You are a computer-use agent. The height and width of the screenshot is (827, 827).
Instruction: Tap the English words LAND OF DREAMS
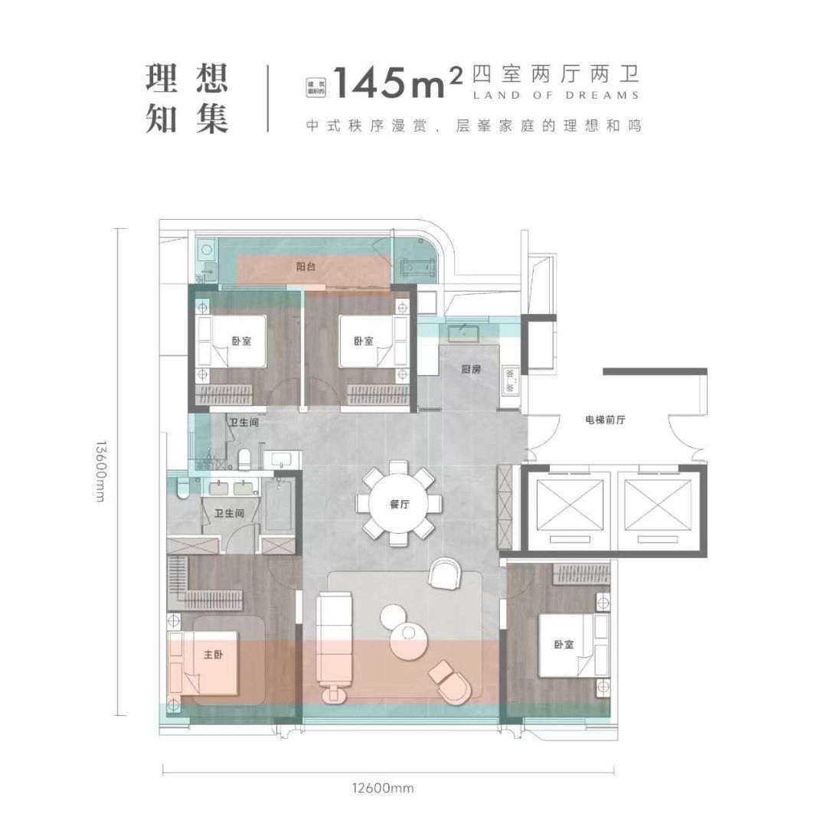tap(556, 96)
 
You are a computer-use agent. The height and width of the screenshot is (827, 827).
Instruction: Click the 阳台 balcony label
tap(307, 266)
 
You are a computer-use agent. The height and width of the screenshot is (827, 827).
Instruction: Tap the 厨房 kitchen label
tap(471, 368)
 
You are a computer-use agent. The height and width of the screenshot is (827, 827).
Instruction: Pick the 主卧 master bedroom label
tap(214, 655)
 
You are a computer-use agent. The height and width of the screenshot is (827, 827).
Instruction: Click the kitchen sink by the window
tap(464, 332)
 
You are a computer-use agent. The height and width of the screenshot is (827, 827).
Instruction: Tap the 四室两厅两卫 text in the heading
tap(554, 74)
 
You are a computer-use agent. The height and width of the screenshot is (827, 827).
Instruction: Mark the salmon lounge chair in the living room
tap(452, 678)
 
